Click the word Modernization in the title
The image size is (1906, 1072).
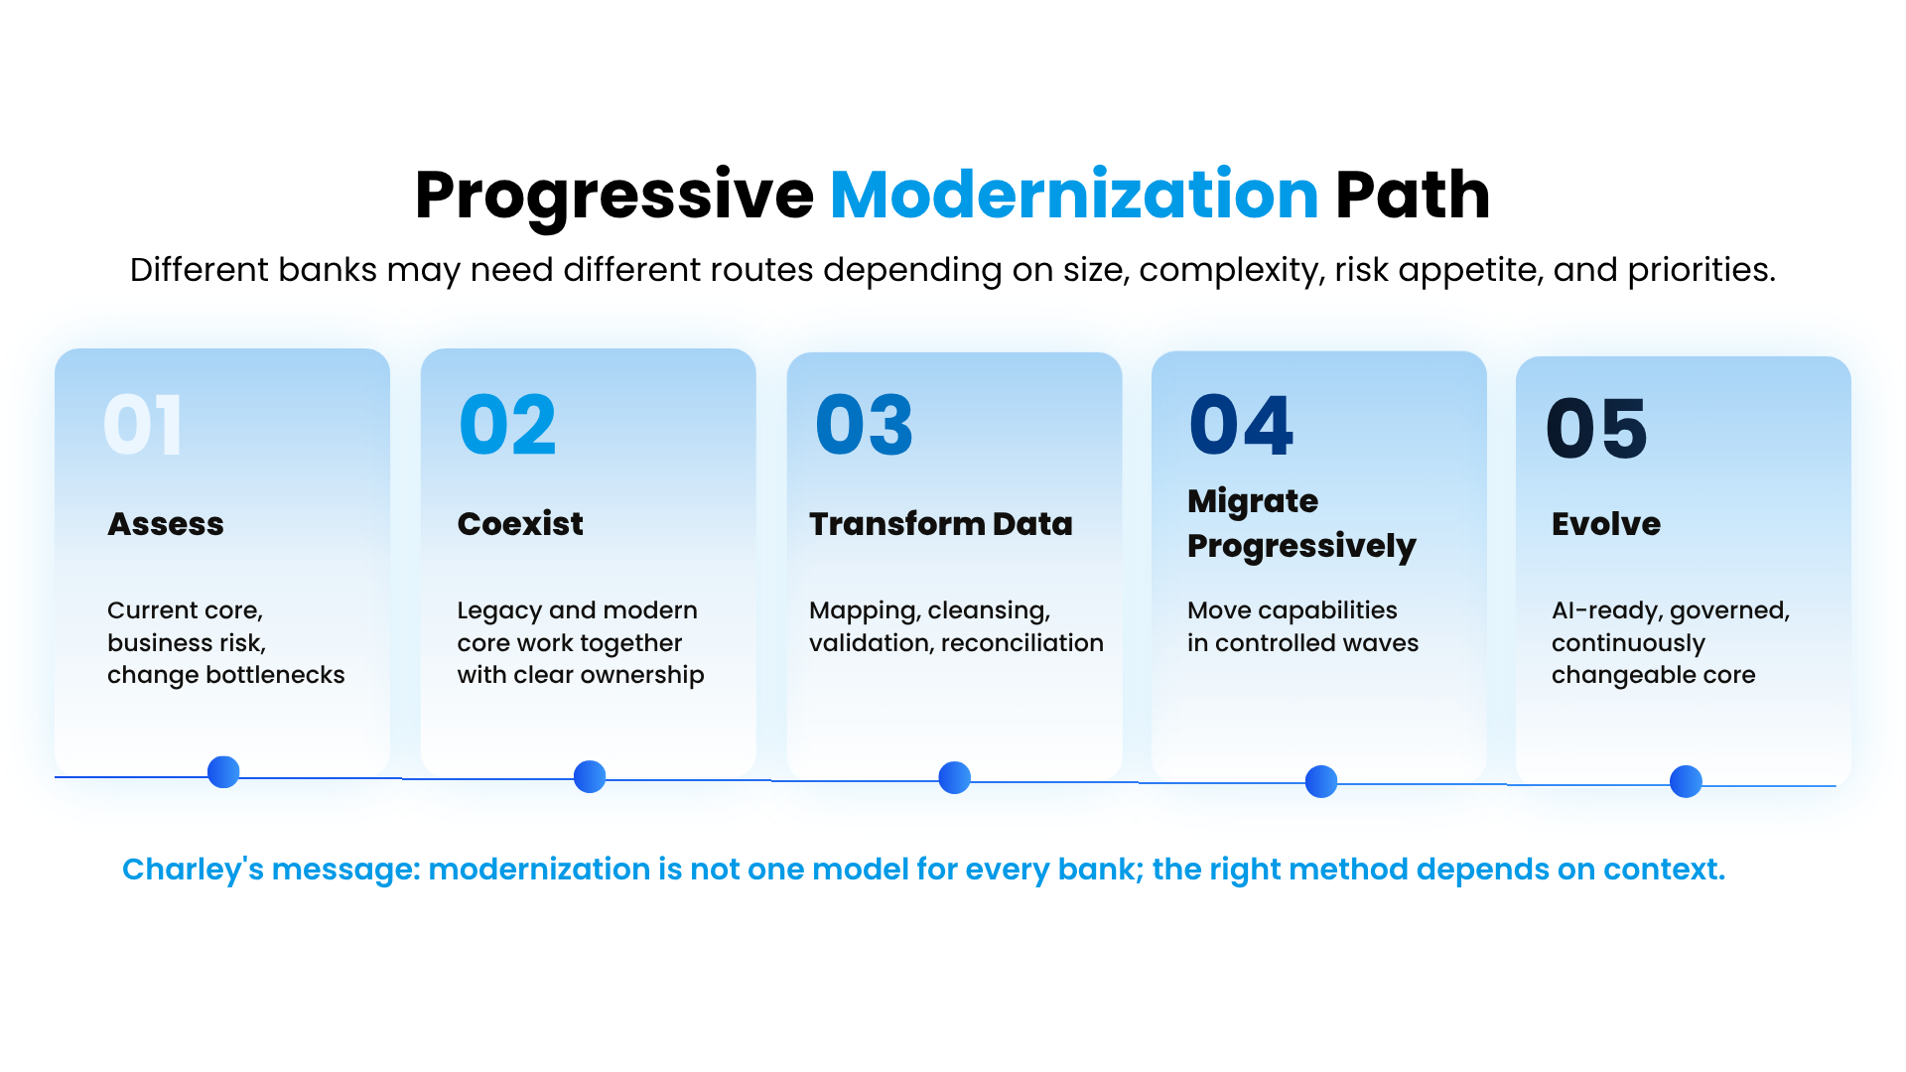(1074, 195)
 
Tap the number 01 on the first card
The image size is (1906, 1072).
(143, 425)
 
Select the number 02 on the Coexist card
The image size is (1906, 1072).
(507, 425)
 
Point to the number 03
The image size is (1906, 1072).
(864, 425)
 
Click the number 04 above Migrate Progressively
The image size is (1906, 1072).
(1241, 425)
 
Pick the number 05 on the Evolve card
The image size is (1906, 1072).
(1596, 429)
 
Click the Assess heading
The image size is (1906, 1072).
(166, 524)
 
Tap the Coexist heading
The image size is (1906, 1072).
(520, 524)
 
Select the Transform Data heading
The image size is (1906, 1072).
(941, 524)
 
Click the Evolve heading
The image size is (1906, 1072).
(1606, 524)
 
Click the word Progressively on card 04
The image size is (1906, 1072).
(1301, 547)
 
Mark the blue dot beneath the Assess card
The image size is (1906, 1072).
(223, 772)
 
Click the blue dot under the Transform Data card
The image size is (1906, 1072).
(955, 778)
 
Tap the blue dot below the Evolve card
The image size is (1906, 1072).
(1686, 782)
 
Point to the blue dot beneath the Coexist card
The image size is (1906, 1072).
(590, 776)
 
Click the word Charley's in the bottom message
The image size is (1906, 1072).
(194, 871)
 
